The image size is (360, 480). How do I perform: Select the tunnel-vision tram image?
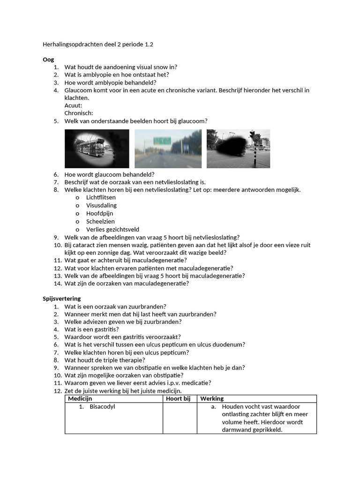click(x=97, y=149)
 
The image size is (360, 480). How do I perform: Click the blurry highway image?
click(x=168, y=149)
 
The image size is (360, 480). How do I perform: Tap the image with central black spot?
click(x=238, y=149)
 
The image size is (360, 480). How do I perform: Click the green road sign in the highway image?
click(x=163, y=141)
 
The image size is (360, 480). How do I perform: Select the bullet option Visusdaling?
click(x=101, y=206)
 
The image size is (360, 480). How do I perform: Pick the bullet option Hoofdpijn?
click(x=99, y=214)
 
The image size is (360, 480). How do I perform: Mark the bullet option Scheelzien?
click(x=100, y=222)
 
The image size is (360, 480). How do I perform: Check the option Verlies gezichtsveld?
click(x=112, y=230)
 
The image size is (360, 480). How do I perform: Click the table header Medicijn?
click(x=80, y=399)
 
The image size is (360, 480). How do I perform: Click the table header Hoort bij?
click(x=178, y=399)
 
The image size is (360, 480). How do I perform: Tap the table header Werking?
click(x=212, y=399)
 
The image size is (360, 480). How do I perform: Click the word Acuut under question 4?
click(x=73, y=105)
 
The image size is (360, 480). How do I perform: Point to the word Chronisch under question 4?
click(x=78, y=113)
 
